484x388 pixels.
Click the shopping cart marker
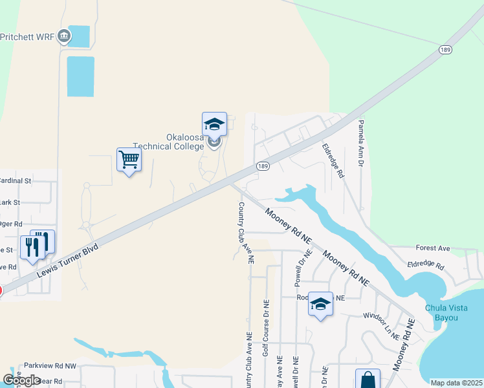(x=129, y=159)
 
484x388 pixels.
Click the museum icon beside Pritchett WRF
(x=64, y=36)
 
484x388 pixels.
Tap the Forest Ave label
(x=433, y=248)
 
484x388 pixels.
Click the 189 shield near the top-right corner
(x=443, y=49)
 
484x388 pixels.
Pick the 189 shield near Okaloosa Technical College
(x=262, y=166)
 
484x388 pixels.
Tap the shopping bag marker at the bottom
(x=368, y=380)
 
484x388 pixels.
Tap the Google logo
(x=21, y=380)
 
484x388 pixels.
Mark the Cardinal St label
(x=16, y=180)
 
